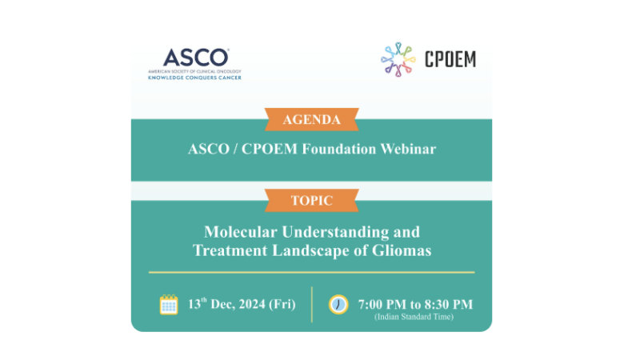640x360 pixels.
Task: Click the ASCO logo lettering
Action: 195,58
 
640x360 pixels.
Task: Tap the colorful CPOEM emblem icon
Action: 398,60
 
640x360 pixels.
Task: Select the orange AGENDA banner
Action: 311,120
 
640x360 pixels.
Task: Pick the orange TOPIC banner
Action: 311,200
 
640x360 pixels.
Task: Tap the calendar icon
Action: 169,304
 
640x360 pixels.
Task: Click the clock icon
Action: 338,304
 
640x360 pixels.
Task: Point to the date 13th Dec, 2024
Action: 227,304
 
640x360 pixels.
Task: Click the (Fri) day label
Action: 282,304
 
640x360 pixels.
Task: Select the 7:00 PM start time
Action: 384,304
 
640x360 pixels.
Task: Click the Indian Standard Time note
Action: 414,318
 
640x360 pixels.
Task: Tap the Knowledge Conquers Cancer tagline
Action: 194,78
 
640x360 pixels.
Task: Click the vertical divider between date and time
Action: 311,304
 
